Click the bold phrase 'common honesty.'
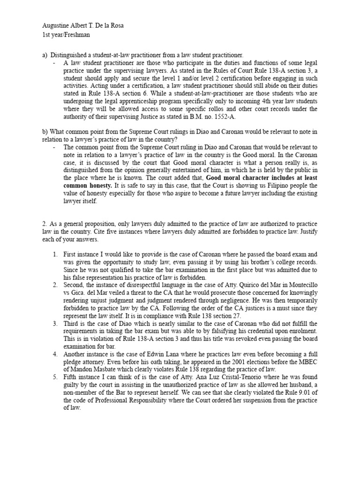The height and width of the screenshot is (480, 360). coord(88,186)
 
